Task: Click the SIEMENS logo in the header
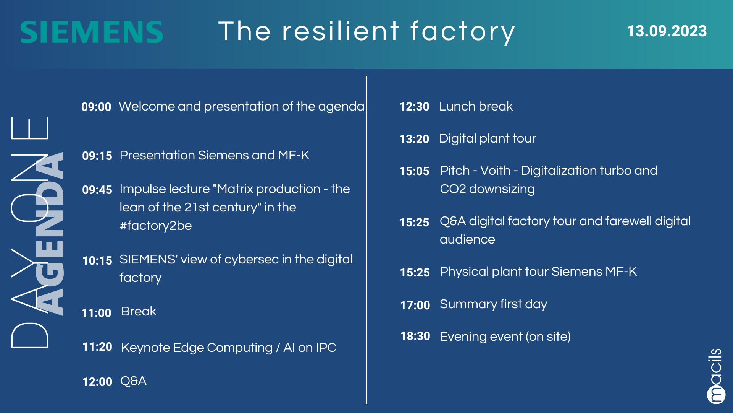(92, 32)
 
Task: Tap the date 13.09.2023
(667, 31)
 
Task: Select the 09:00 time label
(96, 107)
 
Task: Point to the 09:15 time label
(97, 156)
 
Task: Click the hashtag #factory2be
(156, 226)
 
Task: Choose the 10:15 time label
(97, 260)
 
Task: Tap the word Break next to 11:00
(139, 311)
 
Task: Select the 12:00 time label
(97, 382)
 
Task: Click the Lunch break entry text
(476, 106)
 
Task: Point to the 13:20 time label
(414, 139)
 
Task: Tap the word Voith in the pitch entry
(495, 171)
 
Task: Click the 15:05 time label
(415, 171)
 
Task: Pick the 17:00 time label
(415, 305)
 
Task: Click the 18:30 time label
(415, 336)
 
